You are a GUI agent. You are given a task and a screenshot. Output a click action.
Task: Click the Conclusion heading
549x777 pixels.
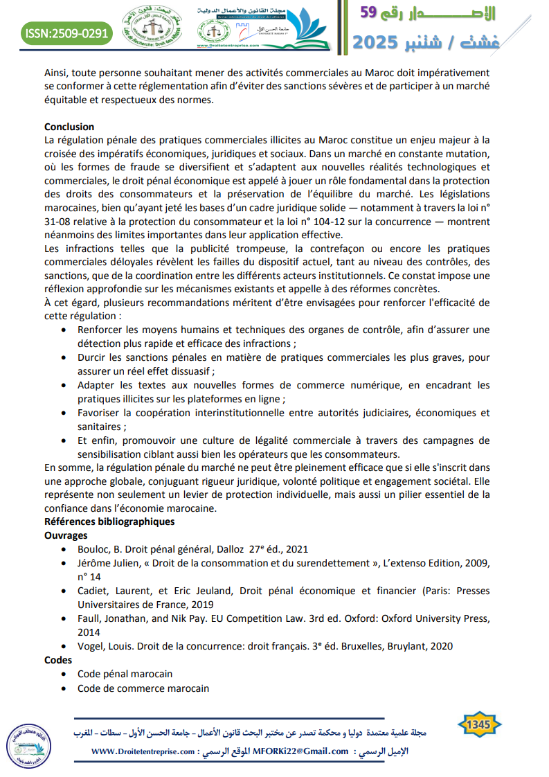tap(69, 127)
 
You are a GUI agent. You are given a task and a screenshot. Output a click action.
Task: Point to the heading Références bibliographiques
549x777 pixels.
tap(109, 521)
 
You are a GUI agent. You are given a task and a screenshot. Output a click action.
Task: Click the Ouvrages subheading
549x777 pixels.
tap(66, 535)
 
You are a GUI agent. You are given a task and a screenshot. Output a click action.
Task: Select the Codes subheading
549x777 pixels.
tap(58, 660)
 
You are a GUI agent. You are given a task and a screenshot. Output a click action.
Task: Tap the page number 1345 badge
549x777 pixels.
tap(479, 725)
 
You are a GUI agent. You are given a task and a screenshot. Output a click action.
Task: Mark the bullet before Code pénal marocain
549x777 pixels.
tap(64, 675)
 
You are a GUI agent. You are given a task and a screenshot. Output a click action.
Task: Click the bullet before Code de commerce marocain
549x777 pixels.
tap(64, 688)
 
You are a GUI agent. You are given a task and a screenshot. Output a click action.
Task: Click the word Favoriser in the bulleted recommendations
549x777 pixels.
tap(100, 413)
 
